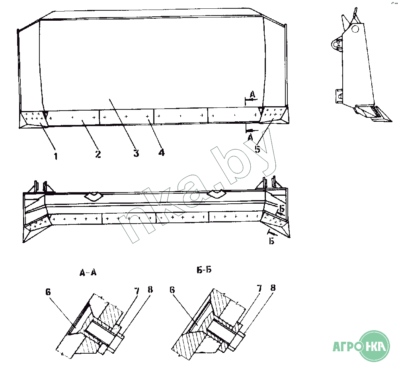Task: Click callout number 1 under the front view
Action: [56, 156]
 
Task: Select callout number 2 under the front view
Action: [98, 154]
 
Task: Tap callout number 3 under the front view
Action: [136, 153]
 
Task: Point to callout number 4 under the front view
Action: [162, 152]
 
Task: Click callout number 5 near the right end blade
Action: [258, 149]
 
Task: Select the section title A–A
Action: [88, 273]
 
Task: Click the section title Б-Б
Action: [204, 270]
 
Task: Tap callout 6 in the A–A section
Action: [48, 292]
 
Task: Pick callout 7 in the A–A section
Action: [137, 291]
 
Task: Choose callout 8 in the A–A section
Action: [150, 290]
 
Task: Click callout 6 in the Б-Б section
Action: [172, 290]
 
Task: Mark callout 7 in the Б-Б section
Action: [259, 288]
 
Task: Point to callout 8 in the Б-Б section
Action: [273, 288]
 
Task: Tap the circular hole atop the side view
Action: [355, 29]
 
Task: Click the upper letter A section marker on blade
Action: [252, 95]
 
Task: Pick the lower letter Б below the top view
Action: [271, 241]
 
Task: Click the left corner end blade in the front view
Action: [33, 119]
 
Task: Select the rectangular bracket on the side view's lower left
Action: [339, 96]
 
